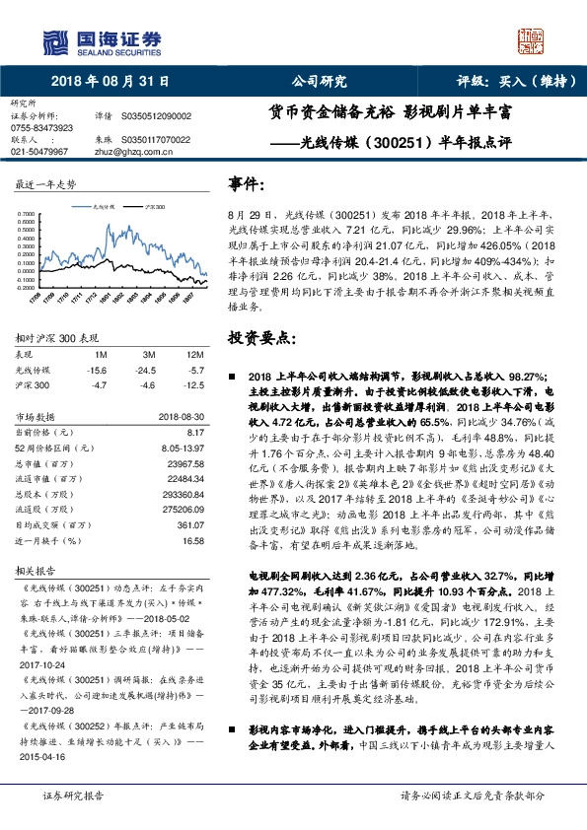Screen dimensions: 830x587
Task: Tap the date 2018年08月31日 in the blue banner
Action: [110, 82]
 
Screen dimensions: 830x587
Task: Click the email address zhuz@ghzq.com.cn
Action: [140, 152]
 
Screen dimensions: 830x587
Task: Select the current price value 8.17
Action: [195, 432]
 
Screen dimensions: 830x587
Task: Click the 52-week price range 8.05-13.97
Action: [183, 446]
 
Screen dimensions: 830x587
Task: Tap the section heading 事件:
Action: [247, 184]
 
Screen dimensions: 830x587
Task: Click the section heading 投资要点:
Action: [260, 338]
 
